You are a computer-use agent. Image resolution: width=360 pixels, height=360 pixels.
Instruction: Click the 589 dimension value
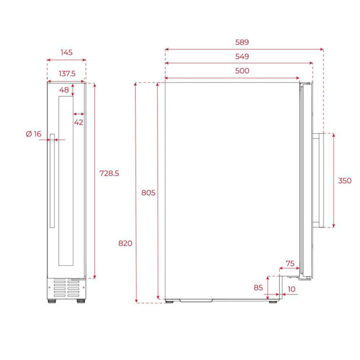[x=242, y=43]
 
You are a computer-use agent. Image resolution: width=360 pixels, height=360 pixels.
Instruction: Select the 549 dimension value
[x=242, y=56]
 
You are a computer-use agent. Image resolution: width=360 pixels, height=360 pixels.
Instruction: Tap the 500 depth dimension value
[x=242, y=71]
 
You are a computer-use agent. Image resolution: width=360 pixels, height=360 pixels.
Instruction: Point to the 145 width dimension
[x=66, y=53]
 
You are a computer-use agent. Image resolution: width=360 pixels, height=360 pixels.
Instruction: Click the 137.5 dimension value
[x=66, y=73]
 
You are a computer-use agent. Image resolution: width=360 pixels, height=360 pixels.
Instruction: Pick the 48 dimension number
[x=64, y=90]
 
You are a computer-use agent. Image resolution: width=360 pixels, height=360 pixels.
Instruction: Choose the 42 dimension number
[x=79, y=122]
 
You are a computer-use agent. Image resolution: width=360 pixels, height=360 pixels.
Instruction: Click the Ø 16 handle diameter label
[x=34, y=134]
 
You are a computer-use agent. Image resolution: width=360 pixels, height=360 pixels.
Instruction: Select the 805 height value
[x=148, y=193]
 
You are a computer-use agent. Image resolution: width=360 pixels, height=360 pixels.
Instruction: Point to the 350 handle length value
[x=344, y=180]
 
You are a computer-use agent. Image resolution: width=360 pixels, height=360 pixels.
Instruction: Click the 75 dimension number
[x=290, y=263]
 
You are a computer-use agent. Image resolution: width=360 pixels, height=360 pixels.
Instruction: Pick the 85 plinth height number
[x=258, y=287]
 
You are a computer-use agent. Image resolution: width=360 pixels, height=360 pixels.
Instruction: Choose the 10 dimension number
[x=291, y=289]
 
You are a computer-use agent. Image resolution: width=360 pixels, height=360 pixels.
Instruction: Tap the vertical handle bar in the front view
[x=53, y=180]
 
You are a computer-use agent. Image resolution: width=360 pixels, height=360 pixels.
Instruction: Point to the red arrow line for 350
[x=333, y=180]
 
